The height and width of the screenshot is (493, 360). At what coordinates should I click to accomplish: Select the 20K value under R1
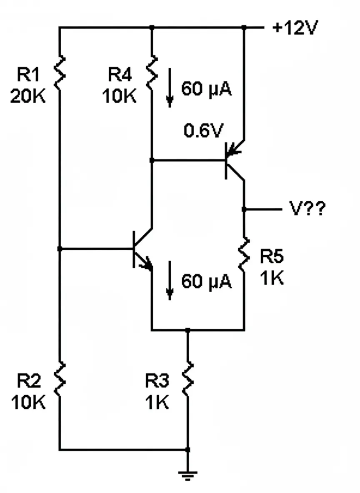click(x=28, y=97)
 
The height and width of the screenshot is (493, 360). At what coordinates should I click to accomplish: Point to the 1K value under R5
click(x=272, y=278)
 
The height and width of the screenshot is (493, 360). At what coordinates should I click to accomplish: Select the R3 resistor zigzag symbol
click(x=187, y=380)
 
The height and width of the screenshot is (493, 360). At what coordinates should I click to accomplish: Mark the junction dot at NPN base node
click(x=60, y=249)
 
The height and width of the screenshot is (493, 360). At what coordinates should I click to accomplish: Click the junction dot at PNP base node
click(x=152, y=160)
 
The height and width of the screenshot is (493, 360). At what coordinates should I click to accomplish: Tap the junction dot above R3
click(x=187, y=330)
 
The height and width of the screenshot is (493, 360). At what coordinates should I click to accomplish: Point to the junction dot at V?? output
click(x=244, y=209)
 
